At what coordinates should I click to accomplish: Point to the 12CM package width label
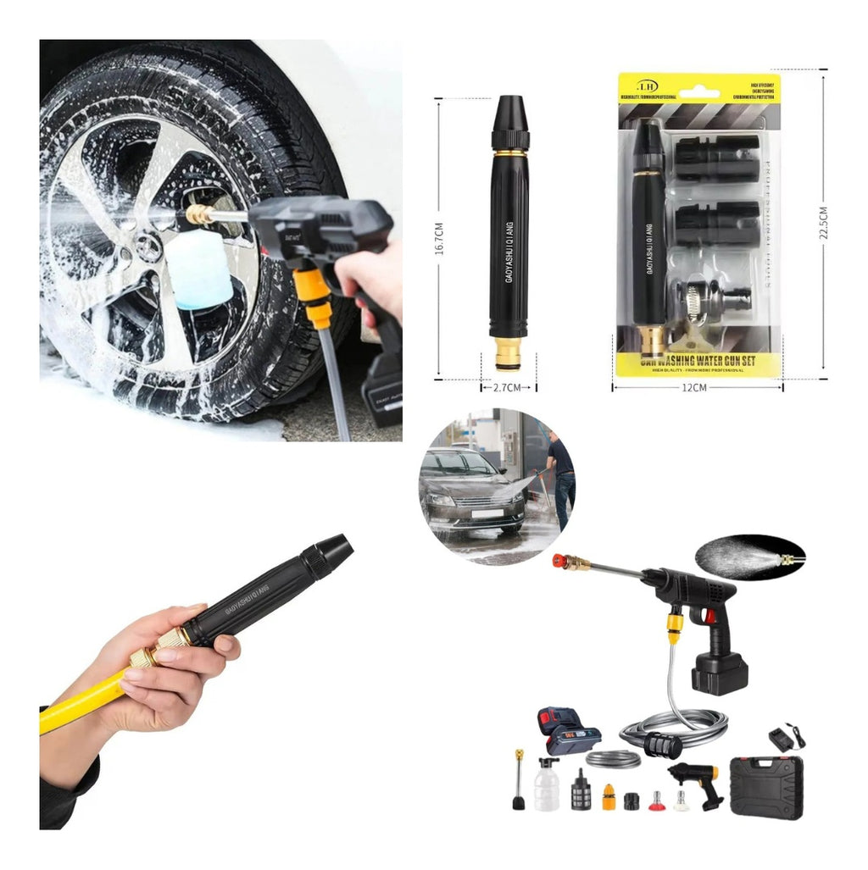point(694,387)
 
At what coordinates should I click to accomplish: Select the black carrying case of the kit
point(765,787)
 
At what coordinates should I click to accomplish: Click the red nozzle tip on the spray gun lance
point(559,560)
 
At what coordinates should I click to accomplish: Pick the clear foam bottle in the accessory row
point(547,785)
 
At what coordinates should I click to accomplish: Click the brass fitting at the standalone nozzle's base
point(509,352)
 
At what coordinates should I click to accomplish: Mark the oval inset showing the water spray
point(749,557)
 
